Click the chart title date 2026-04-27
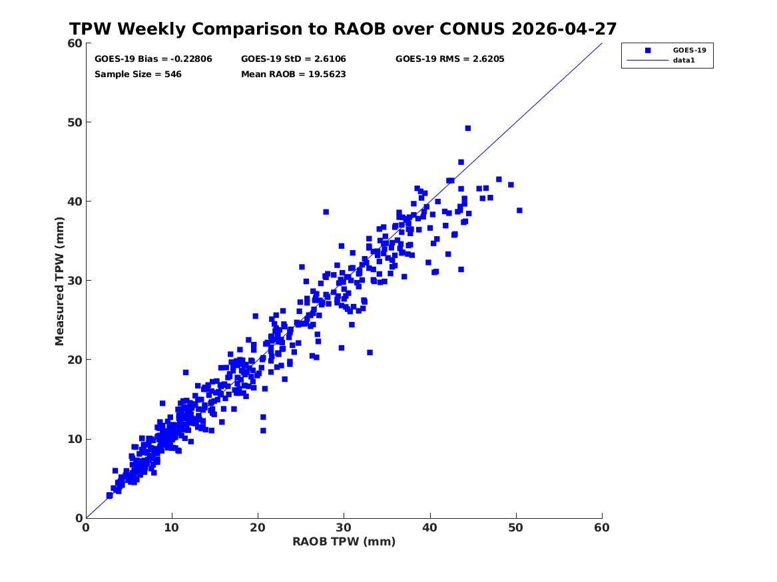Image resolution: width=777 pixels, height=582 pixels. (x=564, y=29)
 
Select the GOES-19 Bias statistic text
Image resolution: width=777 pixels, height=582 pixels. (x=153, y=59)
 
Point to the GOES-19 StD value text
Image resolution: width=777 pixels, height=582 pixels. (x=294, y=59)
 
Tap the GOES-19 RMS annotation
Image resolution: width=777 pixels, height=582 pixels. (x=450, y=59)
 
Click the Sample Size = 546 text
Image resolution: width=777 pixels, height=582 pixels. (x=138, y=74)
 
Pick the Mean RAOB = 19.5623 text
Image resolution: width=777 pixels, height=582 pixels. (x=294, y=74)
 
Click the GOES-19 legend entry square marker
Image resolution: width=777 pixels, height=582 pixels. (x=648, y=50)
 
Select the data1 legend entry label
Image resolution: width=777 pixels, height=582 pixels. (x=684, y=61)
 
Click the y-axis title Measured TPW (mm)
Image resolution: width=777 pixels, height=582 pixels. (x=59, y=281)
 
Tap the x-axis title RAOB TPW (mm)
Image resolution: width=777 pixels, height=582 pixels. (x=344, y=541)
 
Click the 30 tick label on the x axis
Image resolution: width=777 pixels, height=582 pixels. (x=344, y=527)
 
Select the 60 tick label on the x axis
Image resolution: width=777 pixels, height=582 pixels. (x=602, y=527)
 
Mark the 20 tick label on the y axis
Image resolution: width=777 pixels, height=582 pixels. (x=75, y=360)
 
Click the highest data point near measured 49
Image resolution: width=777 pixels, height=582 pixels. (x=468, y=128)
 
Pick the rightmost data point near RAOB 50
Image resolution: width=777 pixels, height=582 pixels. (x=519, y=210)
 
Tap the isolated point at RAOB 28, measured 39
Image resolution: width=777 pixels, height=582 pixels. (x=326, y=212)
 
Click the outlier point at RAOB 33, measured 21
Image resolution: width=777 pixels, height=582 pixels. (x=370, y=353)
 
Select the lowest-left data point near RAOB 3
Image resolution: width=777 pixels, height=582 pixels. (x=109, y=496)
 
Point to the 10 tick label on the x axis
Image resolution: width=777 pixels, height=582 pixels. (x=172, y=527)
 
